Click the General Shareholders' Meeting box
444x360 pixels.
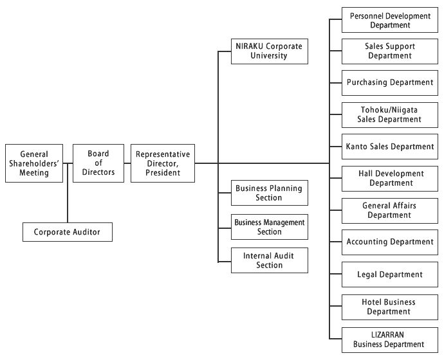(34, 163)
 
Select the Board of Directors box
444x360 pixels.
(98, 163)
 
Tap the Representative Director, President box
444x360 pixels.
(163, 163)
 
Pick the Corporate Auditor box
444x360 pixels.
(67, 232)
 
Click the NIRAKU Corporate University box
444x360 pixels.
(270, 51)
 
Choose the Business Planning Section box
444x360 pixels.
(270, 193)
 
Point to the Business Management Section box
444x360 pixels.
(270, 227)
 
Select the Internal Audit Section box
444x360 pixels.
(270, 260)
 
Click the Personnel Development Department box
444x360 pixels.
(390, 20)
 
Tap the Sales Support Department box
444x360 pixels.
(390, 51)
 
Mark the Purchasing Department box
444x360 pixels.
(390, 82)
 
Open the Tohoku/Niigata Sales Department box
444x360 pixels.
(390, 114)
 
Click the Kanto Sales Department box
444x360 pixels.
(390, 147)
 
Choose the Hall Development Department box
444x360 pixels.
(390, 178)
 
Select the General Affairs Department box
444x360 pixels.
(390, 210)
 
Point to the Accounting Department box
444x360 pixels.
(390, 242)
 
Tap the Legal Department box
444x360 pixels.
(390, 274)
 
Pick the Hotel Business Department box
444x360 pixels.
(390, 307)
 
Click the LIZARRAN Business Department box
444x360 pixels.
(390, 339)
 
